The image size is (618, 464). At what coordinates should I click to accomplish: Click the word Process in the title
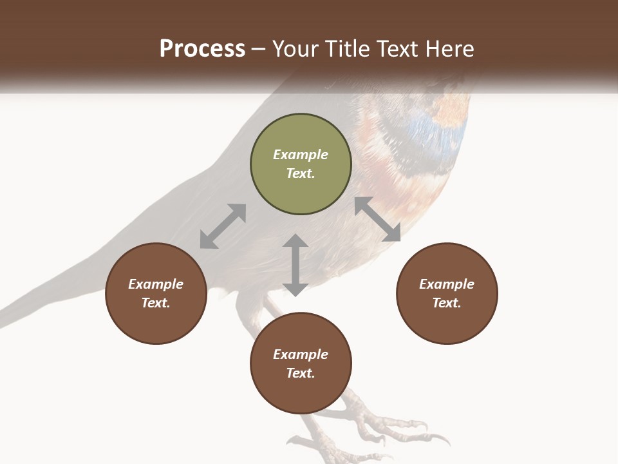click(202, 49)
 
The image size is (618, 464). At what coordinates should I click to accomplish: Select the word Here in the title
click(448, 49)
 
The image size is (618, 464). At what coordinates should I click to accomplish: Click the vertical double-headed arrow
click(295, 265)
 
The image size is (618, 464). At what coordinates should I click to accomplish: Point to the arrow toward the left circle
click(223, 226)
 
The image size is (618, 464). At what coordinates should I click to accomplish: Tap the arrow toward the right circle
click(377, 219)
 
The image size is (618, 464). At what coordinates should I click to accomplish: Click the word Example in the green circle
click(301, 155)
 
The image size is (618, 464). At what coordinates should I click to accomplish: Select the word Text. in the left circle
click(156, 303)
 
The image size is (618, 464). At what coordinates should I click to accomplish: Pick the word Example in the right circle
click(447, 284)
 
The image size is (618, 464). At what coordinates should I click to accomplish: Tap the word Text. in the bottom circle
click(301, 373)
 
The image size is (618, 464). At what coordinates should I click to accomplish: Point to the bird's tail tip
click(10, 316)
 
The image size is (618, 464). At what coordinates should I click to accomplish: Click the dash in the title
click(259, 49)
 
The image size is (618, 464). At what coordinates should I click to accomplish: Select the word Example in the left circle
click(156, 284)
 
